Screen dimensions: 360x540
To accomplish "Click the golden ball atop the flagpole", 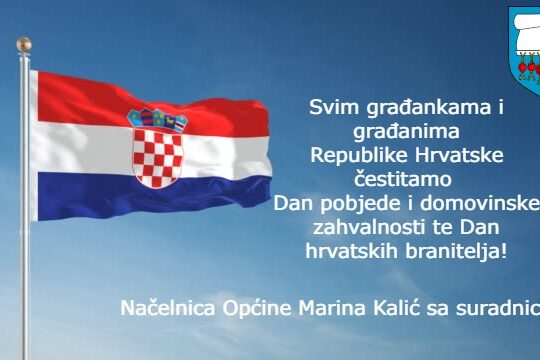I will coord(24,45).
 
